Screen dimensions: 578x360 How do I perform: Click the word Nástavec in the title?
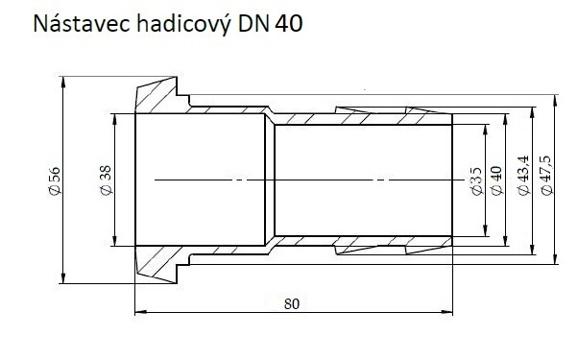pos(82,24)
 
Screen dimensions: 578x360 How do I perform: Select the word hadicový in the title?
pos(184,24)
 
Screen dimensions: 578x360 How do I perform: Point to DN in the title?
pos(253,24)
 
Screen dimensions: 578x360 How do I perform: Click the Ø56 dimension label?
pos(55,180)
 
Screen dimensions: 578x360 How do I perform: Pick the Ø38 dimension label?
pos(106,180)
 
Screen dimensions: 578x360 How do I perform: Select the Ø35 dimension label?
pos(476,181)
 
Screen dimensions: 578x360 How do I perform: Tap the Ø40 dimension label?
pos(497,180)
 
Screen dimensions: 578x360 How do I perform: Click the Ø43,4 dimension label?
pos(523,176)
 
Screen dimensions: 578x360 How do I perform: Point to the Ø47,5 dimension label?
pos(546,176)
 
